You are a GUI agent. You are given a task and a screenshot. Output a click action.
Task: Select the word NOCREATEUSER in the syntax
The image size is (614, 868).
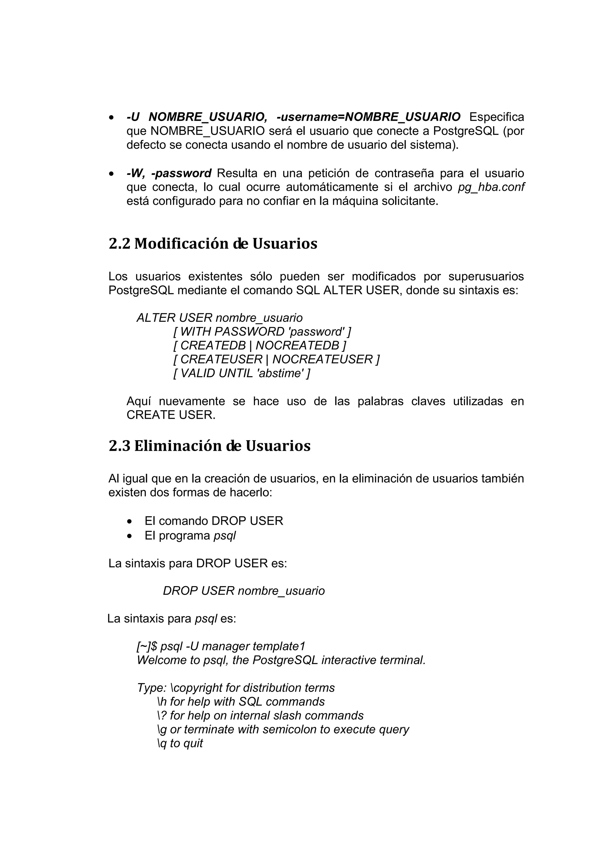click(322, 359)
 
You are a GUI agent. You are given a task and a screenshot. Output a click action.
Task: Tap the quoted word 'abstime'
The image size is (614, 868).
click(280, 373)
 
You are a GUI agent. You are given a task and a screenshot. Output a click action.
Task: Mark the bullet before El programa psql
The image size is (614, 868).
click(130, 536)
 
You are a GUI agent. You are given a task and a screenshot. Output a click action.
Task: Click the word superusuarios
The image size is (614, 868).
click(486, 277)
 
